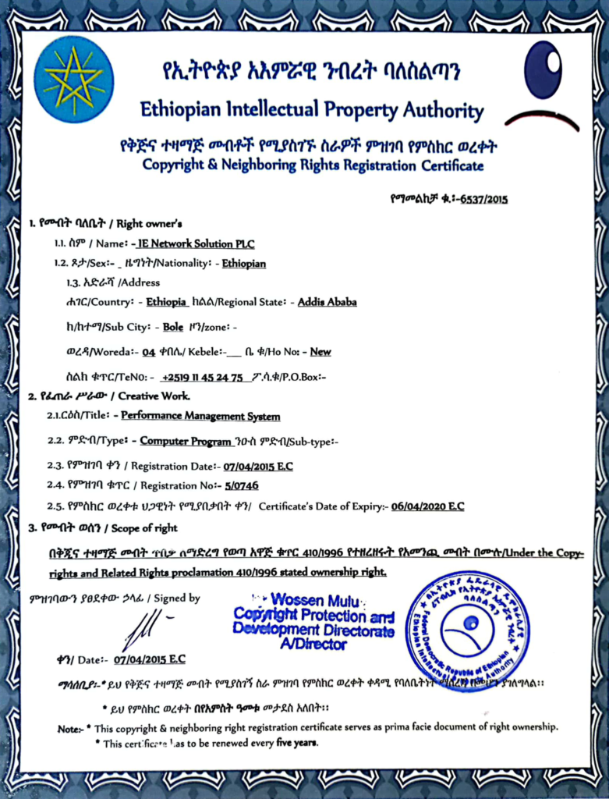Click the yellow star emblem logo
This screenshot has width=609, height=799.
(74, 79)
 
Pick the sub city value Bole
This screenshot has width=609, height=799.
(173, 327)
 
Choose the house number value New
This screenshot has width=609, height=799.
(320, 351)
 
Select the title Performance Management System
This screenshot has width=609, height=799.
(200, 416)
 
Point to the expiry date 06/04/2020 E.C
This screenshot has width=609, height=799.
(427, 506)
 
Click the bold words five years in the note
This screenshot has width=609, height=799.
(296, 743)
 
